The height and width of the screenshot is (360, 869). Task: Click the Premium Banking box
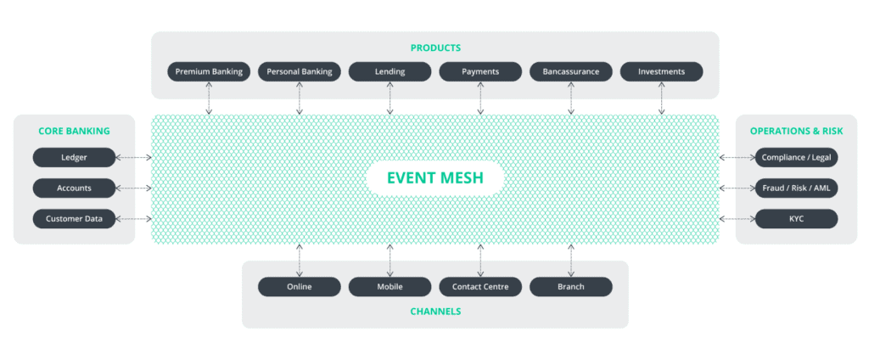click(209, 72)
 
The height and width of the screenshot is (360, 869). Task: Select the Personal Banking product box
click(300, 72)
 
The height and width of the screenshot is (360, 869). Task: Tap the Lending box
click(390, 72)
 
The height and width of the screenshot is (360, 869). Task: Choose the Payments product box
click(480, 72)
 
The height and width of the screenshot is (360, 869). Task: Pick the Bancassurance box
click(570, 72)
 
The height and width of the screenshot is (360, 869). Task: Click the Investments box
click(661, 72)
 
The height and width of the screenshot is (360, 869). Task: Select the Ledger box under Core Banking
click(74, 157)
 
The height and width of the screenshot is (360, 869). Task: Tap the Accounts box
click(74, 188)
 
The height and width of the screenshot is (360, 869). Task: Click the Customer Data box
click(74, 218)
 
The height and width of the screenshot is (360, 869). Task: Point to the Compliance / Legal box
click(796, 157)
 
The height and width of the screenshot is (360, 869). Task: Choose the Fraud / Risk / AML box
click(796, 188)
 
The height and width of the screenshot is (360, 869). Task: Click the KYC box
click(796, 218)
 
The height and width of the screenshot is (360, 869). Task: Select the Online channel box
click(299, 287)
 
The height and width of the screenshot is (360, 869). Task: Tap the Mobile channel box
click(390, 287)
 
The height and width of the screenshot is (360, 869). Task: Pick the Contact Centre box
click(480, 287)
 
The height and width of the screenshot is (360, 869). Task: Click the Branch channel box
click(570, 287)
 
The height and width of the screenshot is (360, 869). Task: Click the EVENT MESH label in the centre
click(434, 178)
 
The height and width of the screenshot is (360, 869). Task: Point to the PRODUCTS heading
click(434, 48)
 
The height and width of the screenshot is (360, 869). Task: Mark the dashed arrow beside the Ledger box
click(133, 157)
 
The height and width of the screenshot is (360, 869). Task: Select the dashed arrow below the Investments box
click(661, 98)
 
